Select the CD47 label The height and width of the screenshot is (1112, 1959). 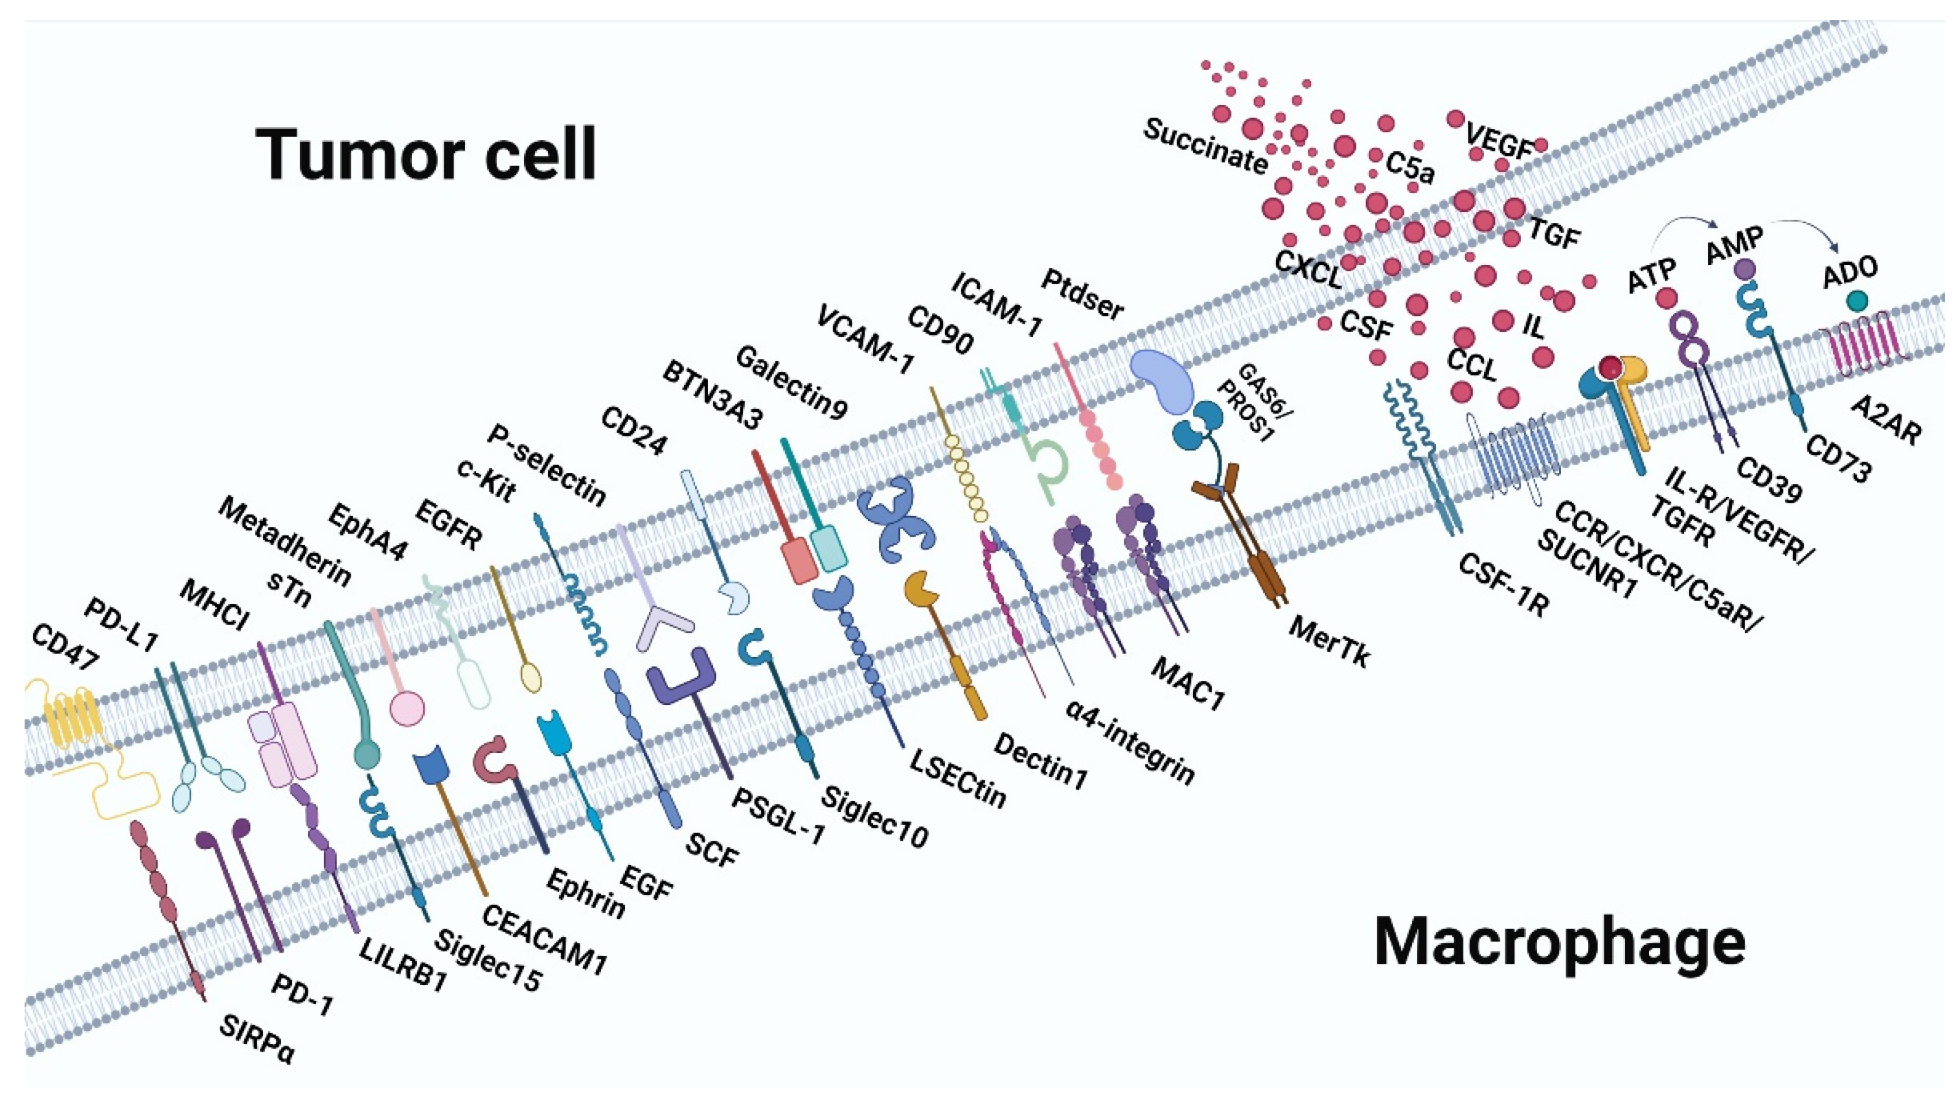pos(65,646)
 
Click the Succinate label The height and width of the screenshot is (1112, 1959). pos(1205,146)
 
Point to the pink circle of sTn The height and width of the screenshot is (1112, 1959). pos(406,708)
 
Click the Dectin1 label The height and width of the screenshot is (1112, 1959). pos(1040,762)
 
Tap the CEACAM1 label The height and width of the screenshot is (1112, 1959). pos(544,940)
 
